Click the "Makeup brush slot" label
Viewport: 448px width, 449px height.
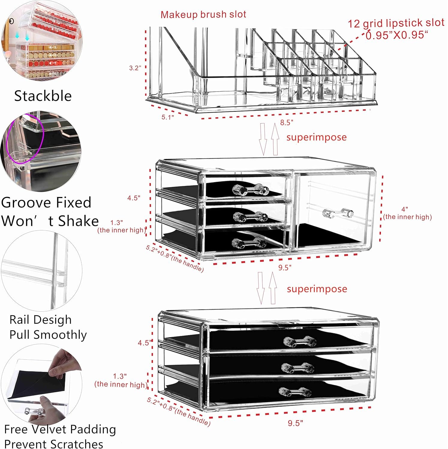(x=203, y=14)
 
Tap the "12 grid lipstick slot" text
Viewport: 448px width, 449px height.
(x=396, y=23)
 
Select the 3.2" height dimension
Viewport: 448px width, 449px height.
(x=135, y=68)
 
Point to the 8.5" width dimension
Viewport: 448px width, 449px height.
(x=286, y=122)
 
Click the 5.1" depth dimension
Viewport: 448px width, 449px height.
(x=168, y=117)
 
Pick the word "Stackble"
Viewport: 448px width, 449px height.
(x=43, y=96)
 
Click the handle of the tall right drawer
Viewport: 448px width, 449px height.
(x=338, y=213)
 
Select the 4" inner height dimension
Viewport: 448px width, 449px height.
(x=407, y=213)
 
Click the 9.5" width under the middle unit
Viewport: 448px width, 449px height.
(x=285, y=267)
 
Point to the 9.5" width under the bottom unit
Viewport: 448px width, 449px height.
(x=295, y=423)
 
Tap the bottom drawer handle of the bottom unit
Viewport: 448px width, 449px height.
(x=295, y=392)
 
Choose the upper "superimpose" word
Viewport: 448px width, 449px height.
(x=316, y=137)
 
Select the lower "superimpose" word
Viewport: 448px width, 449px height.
(x=317, y=289)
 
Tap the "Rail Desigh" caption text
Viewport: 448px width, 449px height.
(x=40, y=320)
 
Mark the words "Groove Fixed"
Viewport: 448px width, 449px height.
(x=46, y=203)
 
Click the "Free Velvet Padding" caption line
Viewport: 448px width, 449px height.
(x=60, y=429)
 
